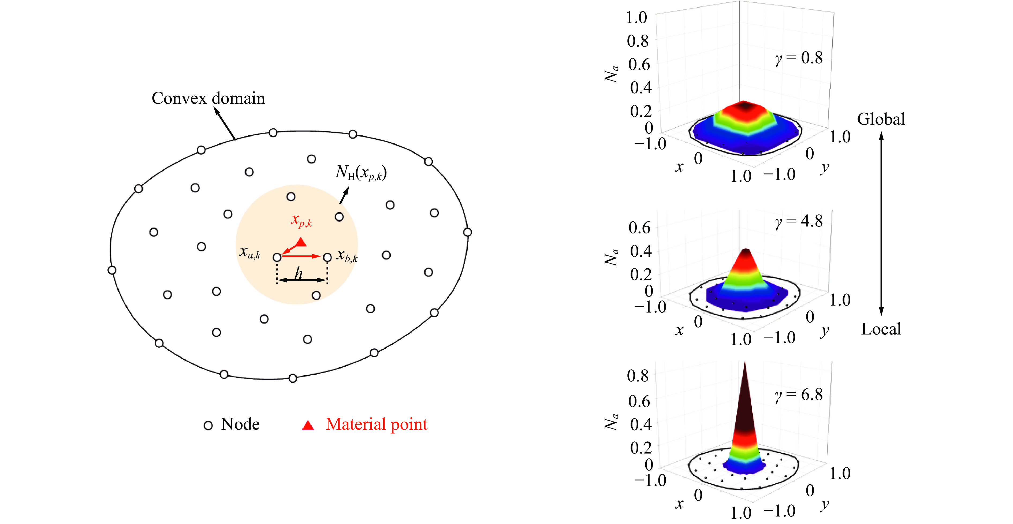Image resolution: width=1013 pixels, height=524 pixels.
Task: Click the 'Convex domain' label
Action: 208,98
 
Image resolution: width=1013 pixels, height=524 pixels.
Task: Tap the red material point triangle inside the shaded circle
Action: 301,242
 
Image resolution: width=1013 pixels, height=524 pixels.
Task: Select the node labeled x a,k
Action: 277,257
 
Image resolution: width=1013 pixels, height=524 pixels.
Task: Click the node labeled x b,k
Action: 327,257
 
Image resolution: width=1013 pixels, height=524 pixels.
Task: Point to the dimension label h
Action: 299,273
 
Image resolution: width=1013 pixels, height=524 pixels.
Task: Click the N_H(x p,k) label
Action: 361,173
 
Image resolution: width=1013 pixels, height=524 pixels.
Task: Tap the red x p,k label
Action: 301,220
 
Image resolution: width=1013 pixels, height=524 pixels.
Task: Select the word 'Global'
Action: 881,119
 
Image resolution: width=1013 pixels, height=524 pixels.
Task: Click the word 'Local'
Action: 881,329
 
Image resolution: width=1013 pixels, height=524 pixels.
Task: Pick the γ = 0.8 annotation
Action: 799,58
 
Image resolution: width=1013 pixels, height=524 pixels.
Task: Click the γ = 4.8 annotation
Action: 799,221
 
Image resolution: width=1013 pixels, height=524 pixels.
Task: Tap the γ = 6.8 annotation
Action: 799,395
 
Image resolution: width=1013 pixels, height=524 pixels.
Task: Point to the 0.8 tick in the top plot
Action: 638,41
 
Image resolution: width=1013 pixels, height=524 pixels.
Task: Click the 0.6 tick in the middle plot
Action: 639,227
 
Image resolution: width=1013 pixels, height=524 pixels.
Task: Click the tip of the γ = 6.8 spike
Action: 745,364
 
